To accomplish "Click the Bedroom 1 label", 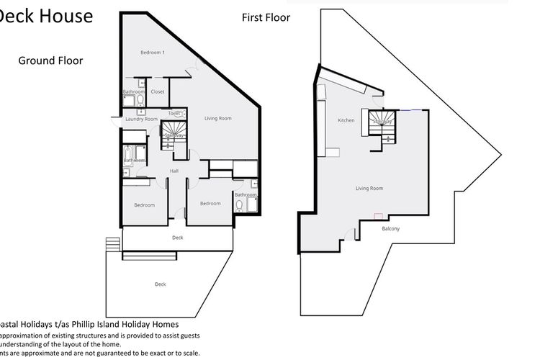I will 153,53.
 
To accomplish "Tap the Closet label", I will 158,92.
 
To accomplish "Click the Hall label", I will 174,171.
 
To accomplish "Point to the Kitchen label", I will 346,120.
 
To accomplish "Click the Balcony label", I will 390,229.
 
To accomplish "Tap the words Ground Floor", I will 50,61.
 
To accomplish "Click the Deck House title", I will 45,16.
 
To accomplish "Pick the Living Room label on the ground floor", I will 217,118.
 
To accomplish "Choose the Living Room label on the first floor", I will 369,189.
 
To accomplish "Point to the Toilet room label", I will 173,113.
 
